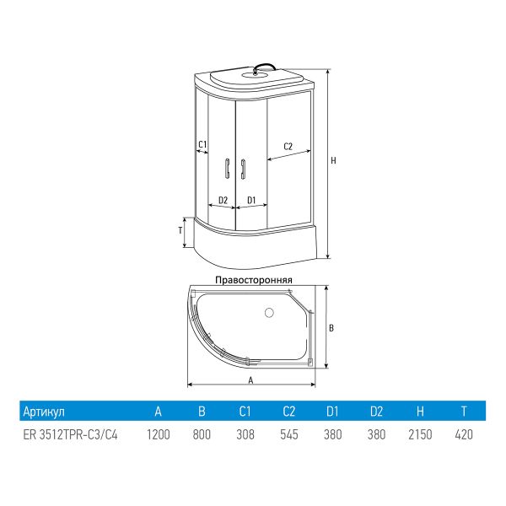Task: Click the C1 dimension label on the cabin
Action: [x=202, y=144]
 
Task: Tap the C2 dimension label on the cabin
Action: [x=288, y=147]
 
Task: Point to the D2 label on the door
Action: [x=223, y=200]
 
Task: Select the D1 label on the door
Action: [x=251, y=200]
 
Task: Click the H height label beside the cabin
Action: [x=333, y=160]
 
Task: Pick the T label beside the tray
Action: [x=180, y=230]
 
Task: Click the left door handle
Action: [x=227, y=168]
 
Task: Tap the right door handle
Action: [x=243, y=168]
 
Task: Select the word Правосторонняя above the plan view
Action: [x=254, y=280]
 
